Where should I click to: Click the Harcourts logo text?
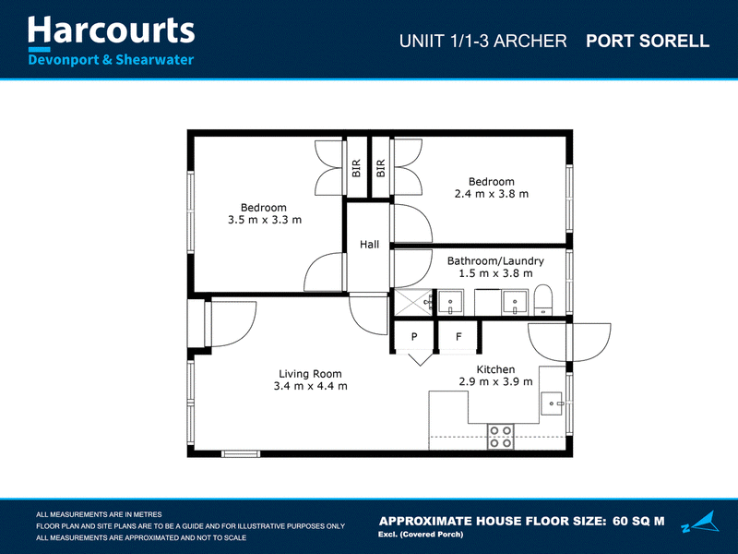(111, 30)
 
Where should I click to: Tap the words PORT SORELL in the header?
(648, 41)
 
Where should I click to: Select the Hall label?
(370, 245)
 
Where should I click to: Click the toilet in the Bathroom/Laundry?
(543, 300)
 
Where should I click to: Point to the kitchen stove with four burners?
(500, 437)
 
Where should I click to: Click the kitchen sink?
(552, 403)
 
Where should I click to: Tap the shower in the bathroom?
(412, 303)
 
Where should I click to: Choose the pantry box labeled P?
(414, 336)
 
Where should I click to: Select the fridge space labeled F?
(458, 336)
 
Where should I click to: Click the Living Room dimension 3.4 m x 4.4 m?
(311, 386)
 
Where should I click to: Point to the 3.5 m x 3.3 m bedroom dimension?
(265, 220)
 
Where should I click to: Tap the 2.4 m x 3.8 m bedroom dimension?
(492, 194)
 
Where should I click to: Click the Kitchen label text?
(495, 369)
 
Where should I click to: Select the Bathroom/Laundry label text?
(495, 261)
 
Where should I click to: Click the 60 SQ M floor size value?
(638, 521)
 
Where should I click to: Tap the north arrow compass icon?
(701, 522)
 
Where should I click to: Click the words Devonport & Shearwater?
(111, 60)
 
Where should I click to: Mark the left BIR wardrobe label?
(356, 168)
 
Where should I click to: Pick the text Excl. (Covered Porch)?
(421, 535)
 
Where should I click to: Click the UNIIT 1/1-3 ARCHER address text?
(482, 41)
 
